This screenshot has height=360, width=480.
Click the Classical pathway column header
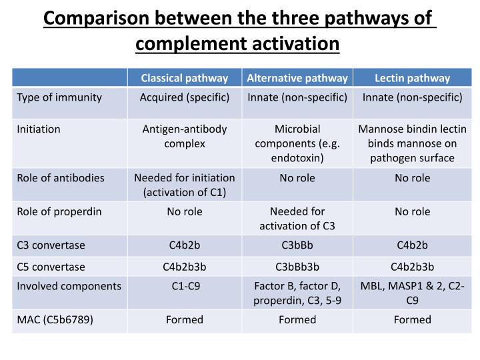click(x=184, y=78)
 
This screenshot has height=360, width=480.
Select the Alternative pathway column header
click(x=297, y=78)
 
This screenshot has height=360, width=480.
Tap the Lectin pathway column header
click(x=412, y=78)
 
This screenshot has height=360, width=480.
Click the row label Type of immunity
click(x=59, y=97)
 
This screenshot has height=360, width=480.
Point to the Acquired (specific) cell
click(x=184, y=97)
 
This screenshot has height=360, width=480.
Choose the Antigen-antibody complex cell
click(x=184, y=136)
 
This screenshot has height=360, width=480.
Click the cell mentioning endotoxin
click(x=297, y=143)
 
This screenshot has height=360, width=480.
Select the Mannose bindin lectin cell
click(x=412, y=143)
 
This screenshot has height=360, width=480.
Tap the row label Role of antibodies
click(x=61, y=178)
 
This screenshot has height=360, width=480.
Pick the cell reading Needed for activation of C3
click(x=297, y=218)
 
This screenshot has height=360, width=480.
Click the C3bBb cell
click(x=297, y=245)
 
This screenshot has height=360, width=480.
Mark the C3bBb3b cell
click(x=297, y=267)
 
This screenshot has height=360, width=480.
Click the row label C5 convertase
click(x=51, y=267)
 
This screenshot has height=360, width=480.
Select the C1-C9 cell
click(x=184, y=286)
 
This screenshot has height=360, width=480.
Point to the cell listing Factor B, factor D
click(x=297, y=293)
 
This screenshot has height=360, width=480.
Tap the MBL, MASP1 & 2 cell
click(x=412, y=293)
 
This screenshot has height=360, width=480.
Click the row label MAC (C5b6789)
click(x=55, y=319)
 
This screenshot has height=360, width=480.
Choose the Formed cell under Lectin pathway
click(x=412, y=319)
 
